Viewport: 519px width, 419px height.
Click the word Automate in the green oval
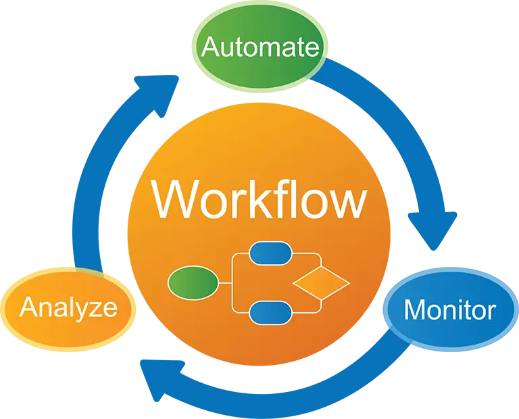(x=260, y=47)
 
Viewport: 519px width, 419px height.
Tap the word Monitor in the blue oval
(x=449, y=310)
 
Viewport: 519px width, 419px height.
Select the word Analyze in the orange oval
(x=68, y=307)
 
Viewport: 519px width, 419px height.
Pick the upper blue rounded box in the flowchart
(x=270, y=253)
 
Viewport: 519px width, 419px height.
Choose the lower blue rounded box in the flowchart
(x=270, y=312)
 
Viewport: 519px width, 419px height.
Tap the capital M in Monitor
(x=414, y=310)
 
